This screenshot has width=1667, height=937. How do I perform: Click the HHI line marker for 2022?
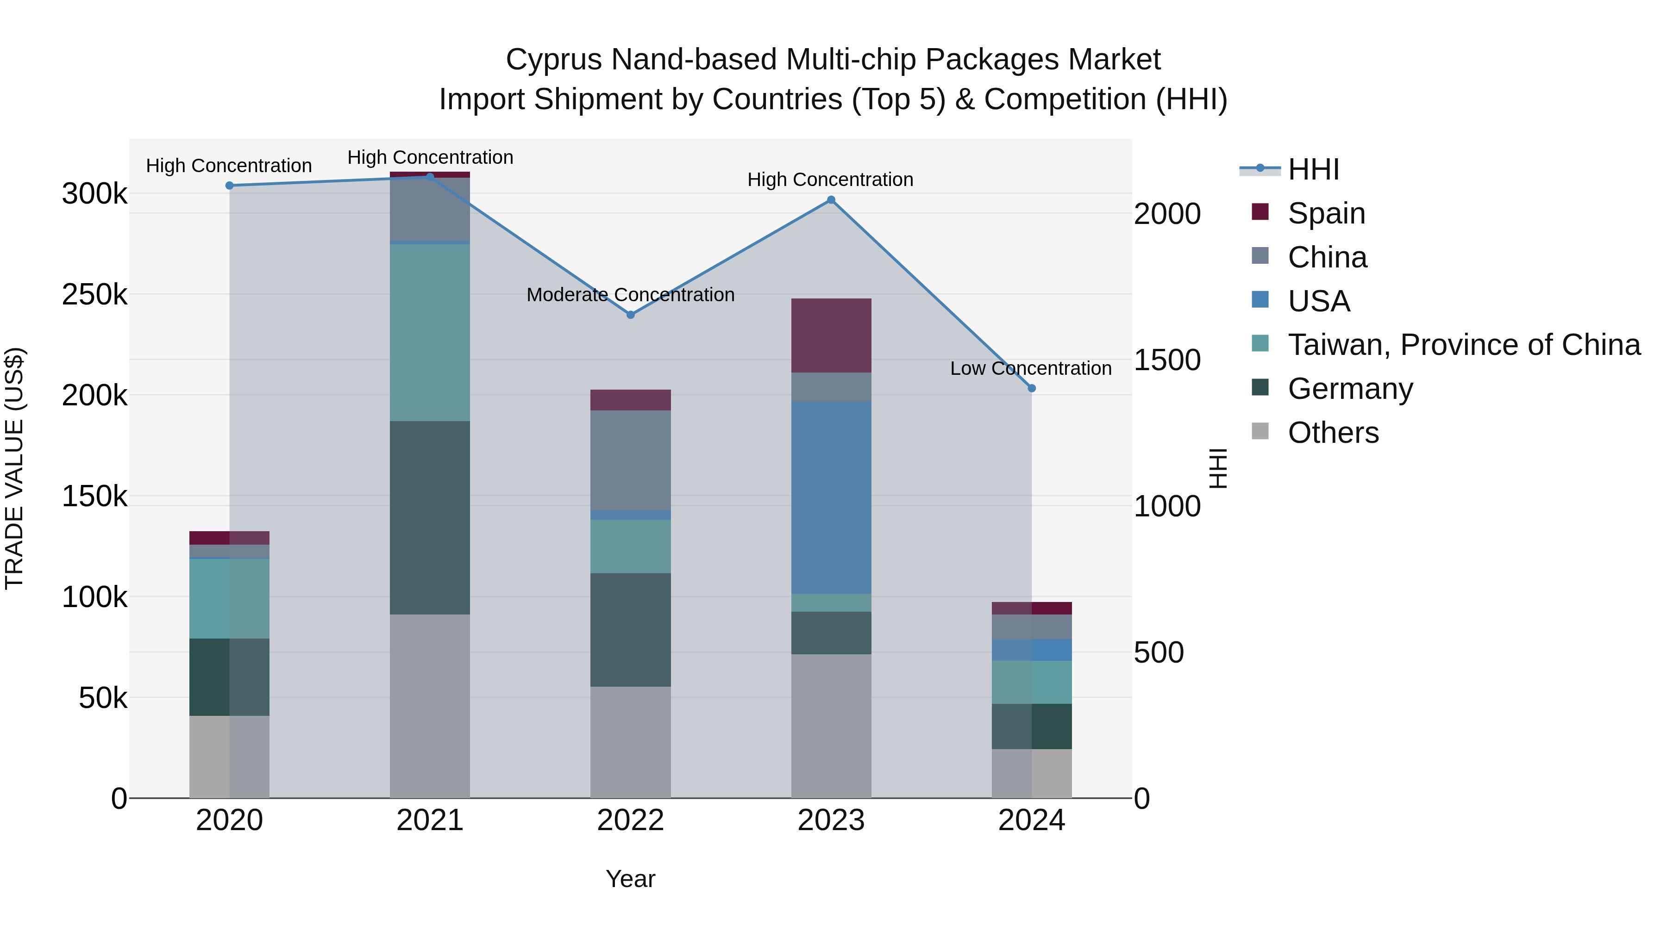tap(630, 315)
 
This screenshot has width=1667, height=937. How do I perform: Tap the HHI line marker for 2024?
tap(1032, 389)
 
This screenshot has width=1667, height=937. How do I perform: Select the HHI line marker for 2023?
tap(831, 200)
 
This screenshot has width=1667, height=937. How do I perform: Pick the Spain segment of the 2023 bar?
tap(831, 335)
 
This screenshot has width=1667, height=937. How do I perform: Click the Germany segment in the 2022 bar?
tap(630, 629)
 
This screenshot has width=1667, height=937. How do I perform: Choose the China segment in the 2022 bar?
tap(630, 460)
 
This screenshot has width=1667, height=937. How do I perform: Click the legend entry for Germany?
tap(1349, 389)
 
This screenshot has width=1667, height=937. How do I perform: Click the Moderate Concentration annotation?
tap(630, 295)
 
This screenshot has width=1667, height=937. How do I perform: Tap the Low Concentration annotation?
tap(1030, 369)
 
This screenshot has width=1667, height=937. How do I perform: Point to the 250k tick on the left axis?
tap(94, 295)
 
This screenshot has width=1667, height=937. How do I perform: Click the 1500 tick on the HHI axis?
tap(1167, 360)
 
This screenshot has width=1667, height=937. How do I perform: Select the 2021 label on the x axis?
tap(430, 820)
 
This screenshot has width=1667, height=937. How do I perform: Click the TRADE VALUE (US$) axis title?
tap(14, 468)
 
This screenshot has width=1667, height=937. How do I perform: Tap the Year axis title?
tap(630, 879)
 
